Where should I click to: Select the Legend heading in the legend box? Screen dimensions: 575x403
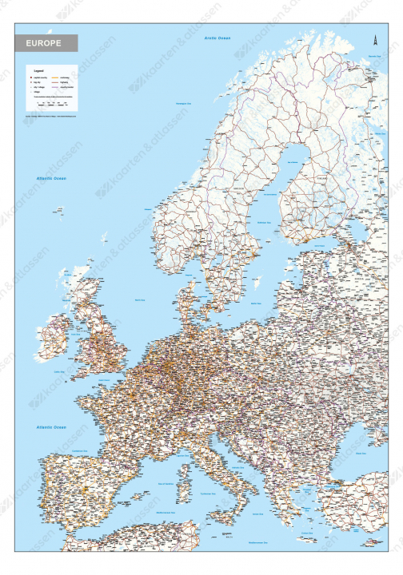[x=36, y=70]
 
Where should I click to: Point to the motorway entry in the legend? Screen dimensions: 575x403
[x=59, y=77]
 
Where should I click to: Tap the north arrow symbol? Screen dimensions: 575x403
[x=373, y=38]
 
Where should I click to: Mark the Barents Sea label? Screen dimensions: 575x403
[x=374, y=56]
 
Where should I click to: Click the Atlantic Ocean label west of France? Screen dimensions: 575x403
[x=50, y=428]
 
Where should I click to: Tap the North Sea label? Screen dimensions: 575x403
[x=141, y=299]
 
